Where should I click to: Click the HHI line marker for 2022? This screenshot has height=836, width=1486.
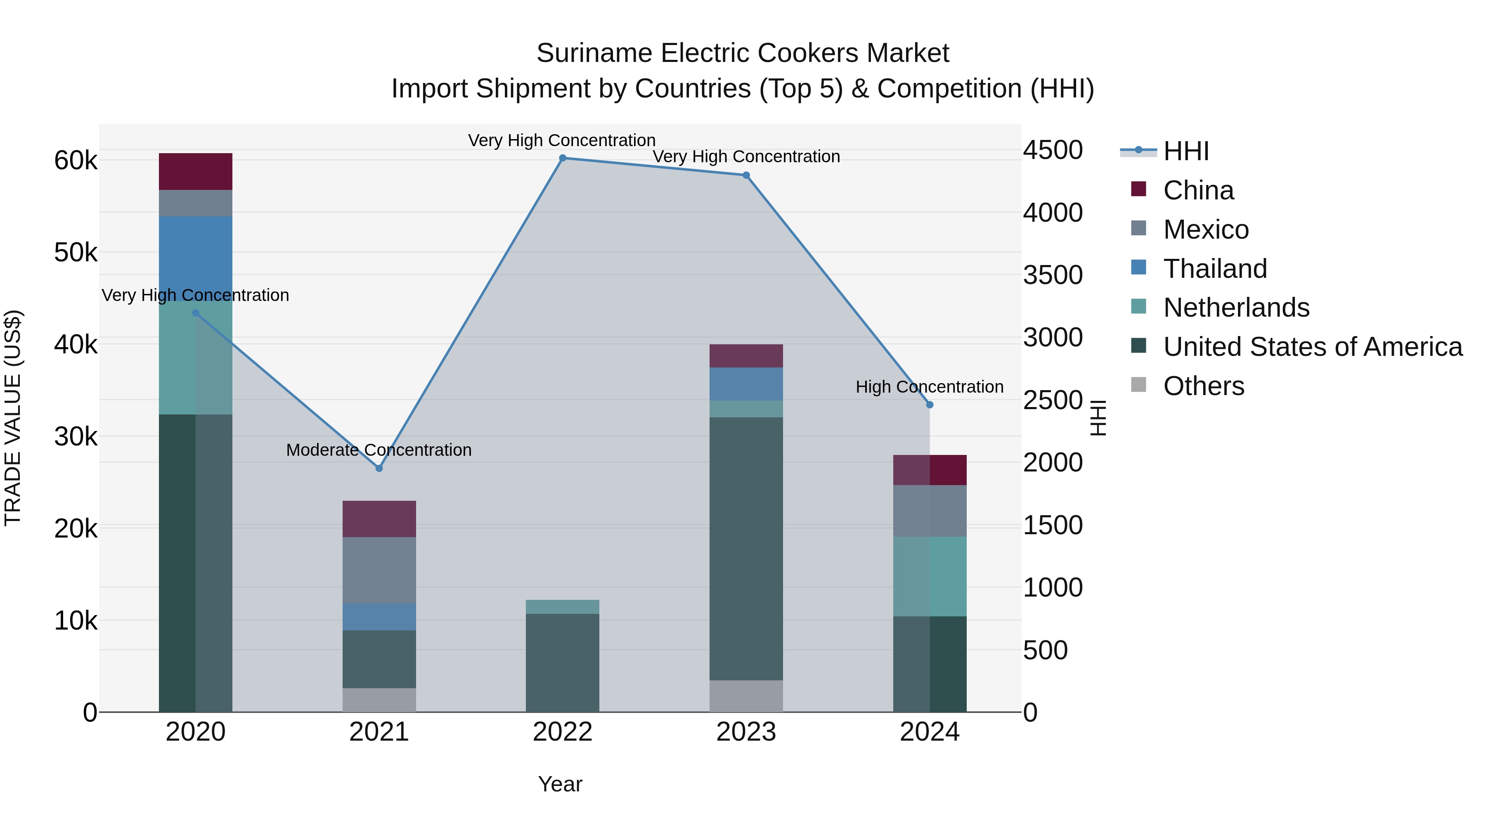coord(563,158)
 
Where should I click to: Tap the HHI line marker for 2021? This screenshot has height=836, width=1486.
coord(379,468)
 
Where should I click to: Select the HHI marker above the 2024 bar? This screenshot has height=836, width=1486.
coord(929,405)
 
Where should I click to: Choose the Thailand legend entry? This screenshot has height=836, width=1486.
coord(1214,269)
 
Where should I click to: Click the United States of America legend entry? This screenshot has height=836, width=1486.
coord(1312,347)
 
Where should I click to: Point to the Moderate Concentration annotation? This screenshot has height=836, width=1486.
coord(379,450)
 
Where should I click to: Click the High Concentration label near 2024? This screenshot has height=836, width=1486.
coord(929,386)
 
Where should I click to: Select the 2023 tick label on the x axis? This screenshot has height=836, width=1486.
coord(746,732)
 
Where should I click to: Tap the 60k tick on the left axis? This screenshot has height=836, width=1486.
coord(76,161)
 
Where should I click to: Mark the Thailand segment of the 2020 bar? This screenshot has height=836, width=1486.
coord(196,254)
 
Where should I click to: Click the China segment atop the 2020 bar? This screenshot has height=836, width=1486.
coord(196,171)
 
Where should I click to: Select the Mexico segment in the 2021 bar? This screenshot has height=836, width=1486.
coord(379,570)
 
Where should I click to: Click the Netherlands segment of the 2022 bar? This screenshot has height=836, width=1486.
coord(563,606)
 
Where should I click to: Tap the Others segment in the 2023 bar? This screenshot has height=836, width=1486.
coord(746,696)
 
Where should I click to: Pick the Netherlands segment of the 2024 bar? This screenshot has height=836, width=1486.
coord(929,576)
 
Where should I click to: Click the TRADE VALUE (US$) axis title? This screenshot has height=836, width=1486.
coord(13,418)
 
